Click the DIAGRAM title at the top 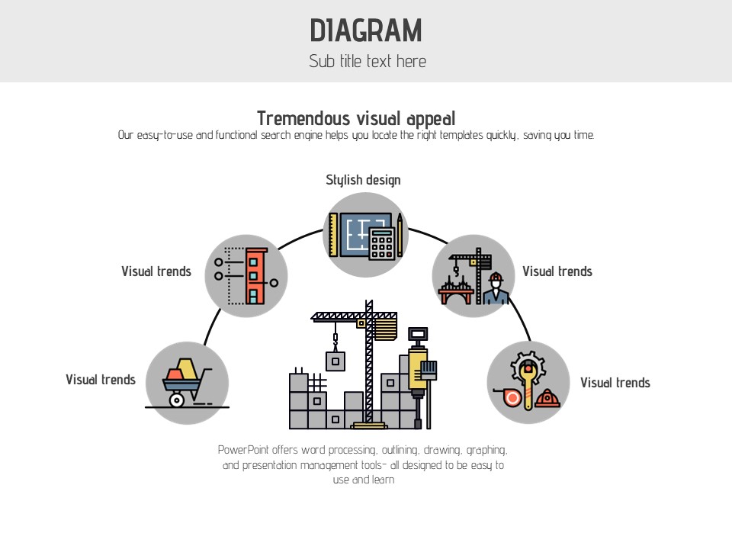pyautogui.click(x=366, y=30)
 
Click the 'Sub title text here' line pyautogui.click(x=367, y=62)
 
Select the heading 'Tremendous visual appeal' pyautogui.click(x=356, y=118)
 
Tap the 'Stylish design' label pyautogui.click(x=363, y=180)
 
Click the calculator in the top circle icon pyautogui.click(x=382, y=242)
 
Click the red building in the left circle pyautogui.click(x=258, y=274)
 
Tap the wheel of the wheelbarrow pyautogui.click(x=177, y=399)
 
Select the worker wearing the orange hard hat pyautogui.click(x=496, y=288)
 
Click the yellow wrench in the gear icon pyautogui.click(x=528, y=381)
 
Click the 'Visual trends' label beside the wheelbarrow pyautogui.click(x=101, y=380)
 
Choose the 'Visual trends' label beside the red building pyautogui.click(x=156, y=271)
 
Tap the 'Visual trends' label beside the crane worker pyautogui.click(x=557, y=271)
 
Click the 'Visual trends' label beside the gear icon pyautogui.click(x=615, y=383)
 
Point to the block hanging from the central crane pyautogui.click(x=335, y=360)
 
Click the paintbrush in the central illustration pyautogui.click(x=429, y=371)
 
